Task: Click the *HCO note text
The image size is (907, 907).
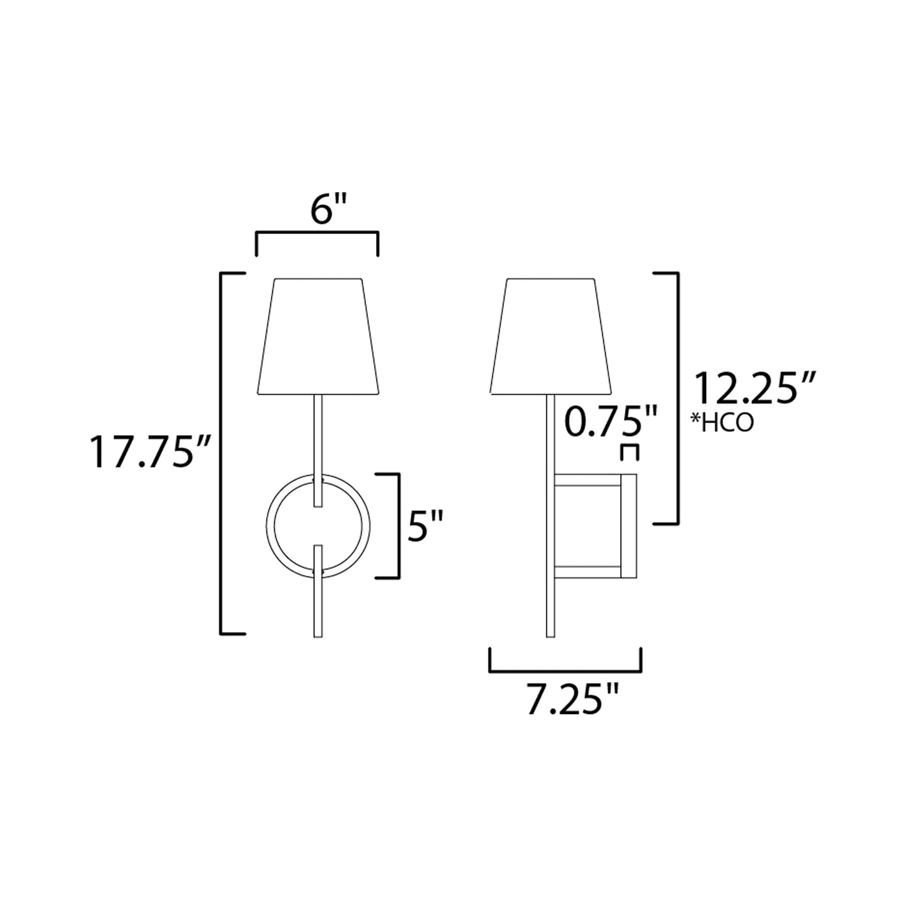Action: [722, 424]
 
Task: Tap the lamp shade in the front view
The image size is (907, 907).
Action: [318, 336]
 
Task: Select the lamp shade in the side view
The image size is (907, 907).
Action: [550, 336]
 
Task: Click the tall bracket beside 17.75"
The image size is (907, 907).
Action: [222, 453]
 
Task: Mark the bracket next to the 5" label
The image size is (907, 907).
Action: [397, 525]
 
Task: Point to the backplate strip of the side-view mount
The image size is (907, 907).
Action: [629, 526]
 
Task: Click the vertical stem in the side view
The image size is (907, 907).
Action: [550, 515]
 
